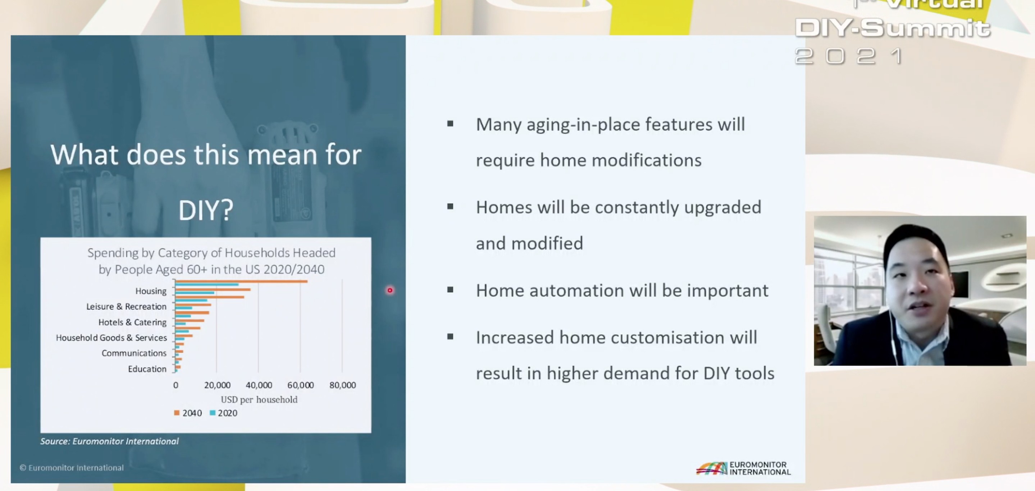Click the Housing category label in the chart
(x=151, y=291)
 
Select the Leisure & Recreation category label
(x=126, y=306)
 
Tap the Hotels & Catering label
(x=132, y=322)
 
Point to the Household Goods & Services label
(x=111, y=338)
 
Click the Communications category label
(x=134, y=353)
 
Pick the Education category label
(x=147, y=369)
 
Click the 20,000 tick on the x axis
(x=217, y=385)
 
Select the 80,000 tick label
(x=343, y=385)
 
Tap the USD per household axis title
(x=259, y=399)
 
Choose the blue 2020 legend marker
(x=213, y=413)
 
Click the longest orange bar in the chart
(x=241, y=281)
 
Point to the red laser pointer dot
(x=390, y=290)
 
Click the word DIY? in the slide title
(x=206, y=210)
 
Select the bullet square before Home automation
(x=450, y=289)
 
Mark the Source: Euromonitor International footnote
(x=109, y=441)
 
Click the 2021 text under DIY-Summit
(x=849, y=56)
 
